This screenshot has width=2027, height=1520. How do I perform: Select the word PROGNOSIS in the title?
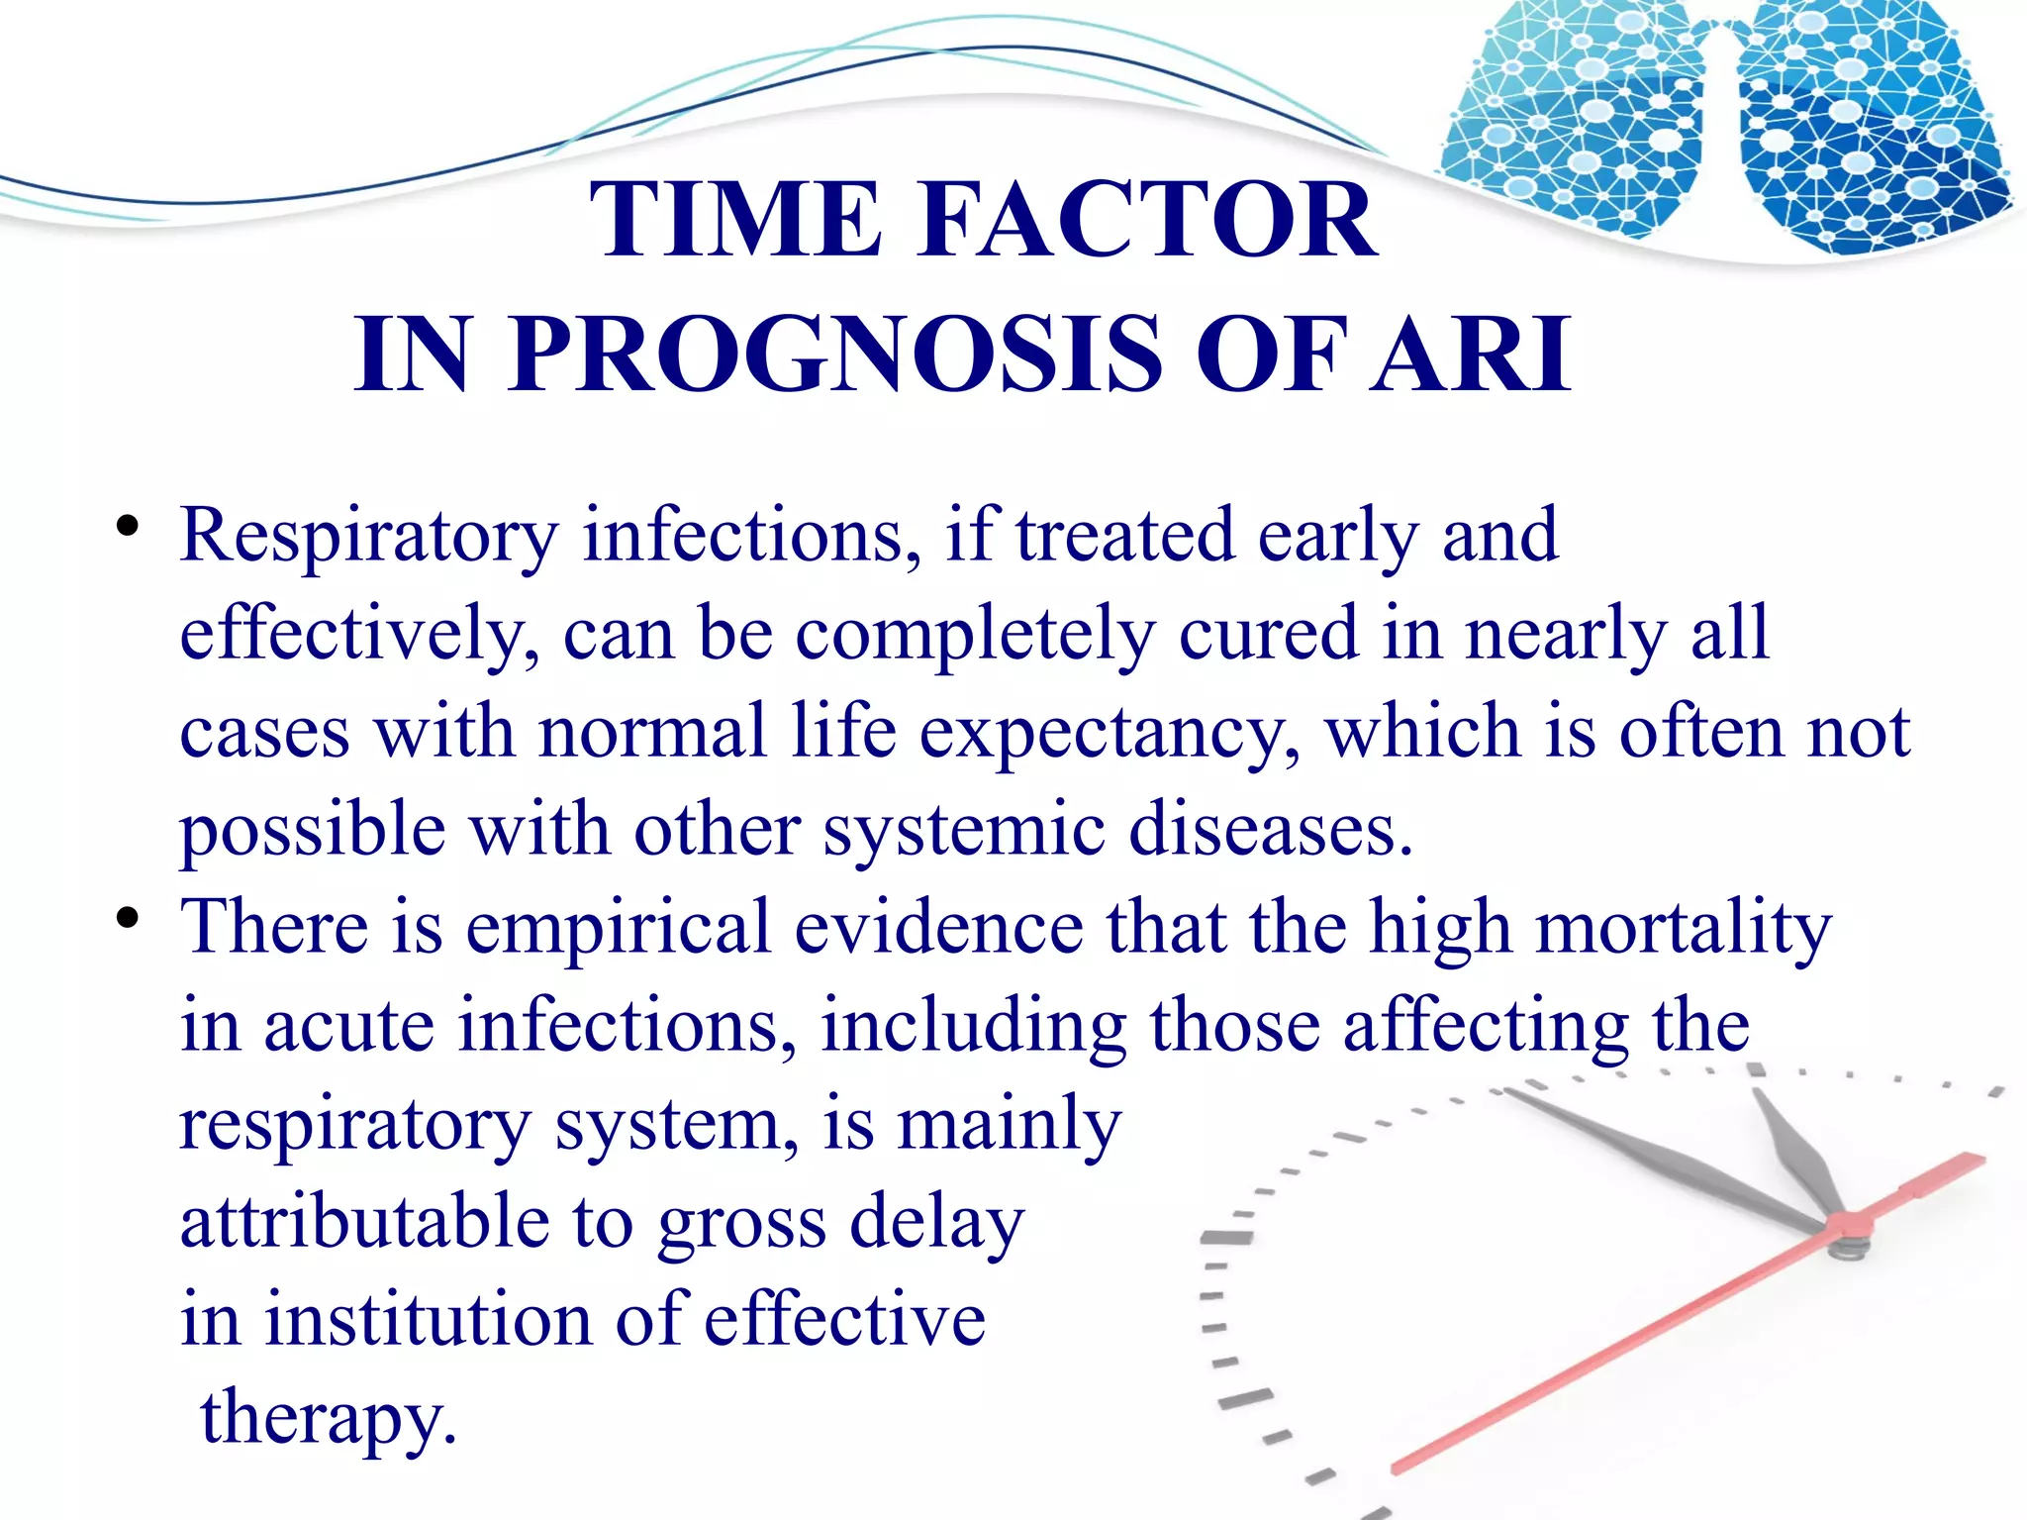click(x=837, y=355)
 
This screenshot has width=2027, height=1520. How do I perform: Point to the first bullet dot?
click(x=126, y=526)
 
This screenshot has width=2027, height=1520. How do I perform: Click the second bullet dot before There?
click(x=126, y=918)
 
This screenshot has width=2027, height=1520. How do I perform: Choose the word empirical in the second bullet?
click(x=618, y=929)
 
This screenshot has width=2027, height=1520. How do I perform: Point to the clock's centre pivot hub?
click(x=1846, y=1228)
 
